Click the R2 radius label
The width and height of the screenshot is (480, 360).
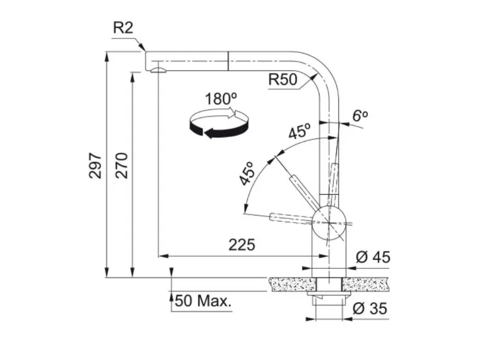coord(123,28)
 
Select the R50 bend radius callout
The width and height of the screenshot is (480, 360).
coord(283,80)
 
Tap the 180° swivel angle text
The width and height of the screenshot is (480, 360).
coord(221,99)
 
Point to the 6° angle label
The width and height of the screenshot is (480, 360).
coord(360,116)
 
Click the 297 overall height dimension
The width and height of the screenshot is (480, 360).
coord(95,165)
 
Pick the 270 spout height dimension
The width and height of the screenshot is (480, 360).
coord(122,165)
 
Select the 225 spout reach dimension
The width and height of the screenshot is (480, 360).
coord(242,245)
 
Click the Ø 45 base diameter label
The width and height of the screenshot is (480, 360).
coord(373,257)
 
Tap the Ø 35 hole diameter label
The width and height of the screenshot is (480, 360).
coord(370,309)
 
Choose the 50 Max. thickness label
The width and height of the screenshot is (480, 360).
coord(203,301)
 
